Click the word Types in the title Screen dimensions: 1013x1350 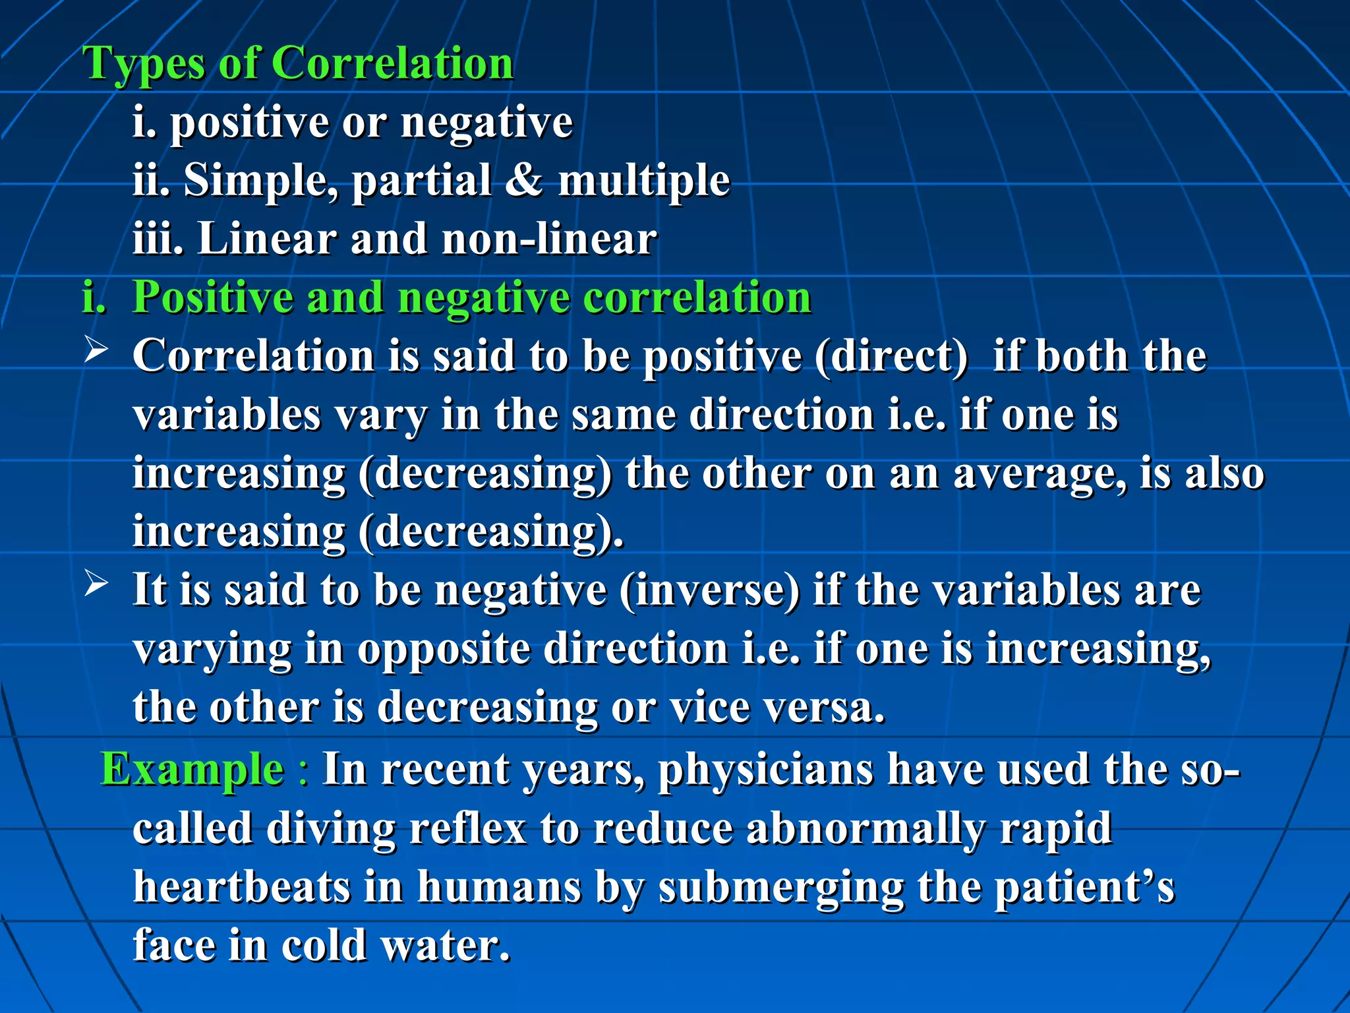click(x=144, y=65)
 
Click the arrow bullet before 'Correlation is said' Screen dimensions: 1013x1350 click(x=96, y=349)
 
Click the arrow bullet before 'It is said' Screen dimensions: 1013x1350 click(x=96, y=583)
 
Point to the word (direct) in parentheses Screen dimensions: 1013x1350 click(x=891, y=357)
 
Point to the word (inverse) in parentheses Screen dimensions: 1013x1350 click(x=709, y=590)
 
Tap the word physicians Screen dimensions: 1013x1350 click(x=765, y=770)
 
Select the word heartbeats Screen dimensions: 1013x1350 click(x=241, y=886)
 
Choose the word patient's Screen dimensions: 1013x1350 click(x=1084, y=888)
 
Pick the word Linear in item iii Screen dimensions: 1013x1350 click(x=267, y=239)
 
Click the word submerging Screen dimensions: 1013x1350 click(x=780, y=888)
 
